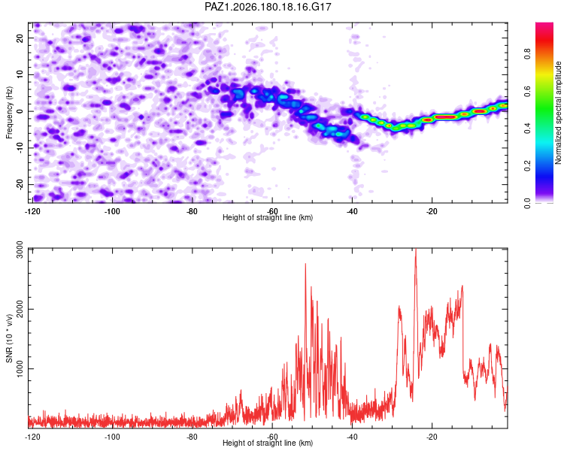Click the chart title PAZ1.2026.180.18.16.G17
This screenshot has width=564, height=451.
(x=268, y=7)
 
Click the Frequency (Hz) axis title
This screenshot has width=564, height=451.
(x=9, y=113)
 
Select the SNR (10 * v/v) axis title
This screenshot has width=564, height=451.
(x=9, y=338)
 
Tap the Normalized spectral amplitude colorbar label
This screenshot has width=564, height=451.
(x=558, y=113)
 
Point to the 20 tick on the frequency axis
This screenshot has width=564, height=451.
(x=20, y=38)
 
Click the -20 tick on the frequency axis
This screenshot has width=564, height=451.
(x=20, y=184)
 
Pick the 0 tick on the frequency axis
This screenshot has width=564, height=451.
(x=20, y=111)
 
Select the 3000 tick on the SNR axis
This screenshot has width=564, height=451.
(x=20, y=250)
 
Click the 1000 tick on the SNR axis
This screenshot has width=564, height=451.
(x=20, y=369)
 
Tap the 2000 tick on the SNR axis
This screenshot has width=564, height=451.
(x=20, y=309)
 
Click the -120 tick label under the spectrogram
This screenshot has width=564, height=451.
(x=32, y=211)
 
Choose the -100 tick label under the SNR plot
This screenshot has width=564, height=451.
(x=112, y=437)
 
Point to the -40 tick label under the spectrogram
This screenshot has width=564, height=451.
(x=352, y=211)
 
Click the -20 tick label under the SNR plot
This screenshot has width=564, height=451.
(x=432, y=437)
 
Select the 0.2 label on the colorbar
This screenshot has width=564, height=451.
(x=528, y=166)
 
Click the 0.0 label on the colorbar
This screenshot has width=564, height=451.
(x=528, y=203)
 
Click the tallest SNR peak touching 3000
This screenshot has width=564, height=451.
(x=416, y=250)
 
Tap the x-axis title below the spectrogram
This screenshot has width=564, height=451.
(x=268, y=217)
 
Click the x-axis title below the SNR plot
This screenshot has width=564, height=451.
(x=268, y=443)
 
